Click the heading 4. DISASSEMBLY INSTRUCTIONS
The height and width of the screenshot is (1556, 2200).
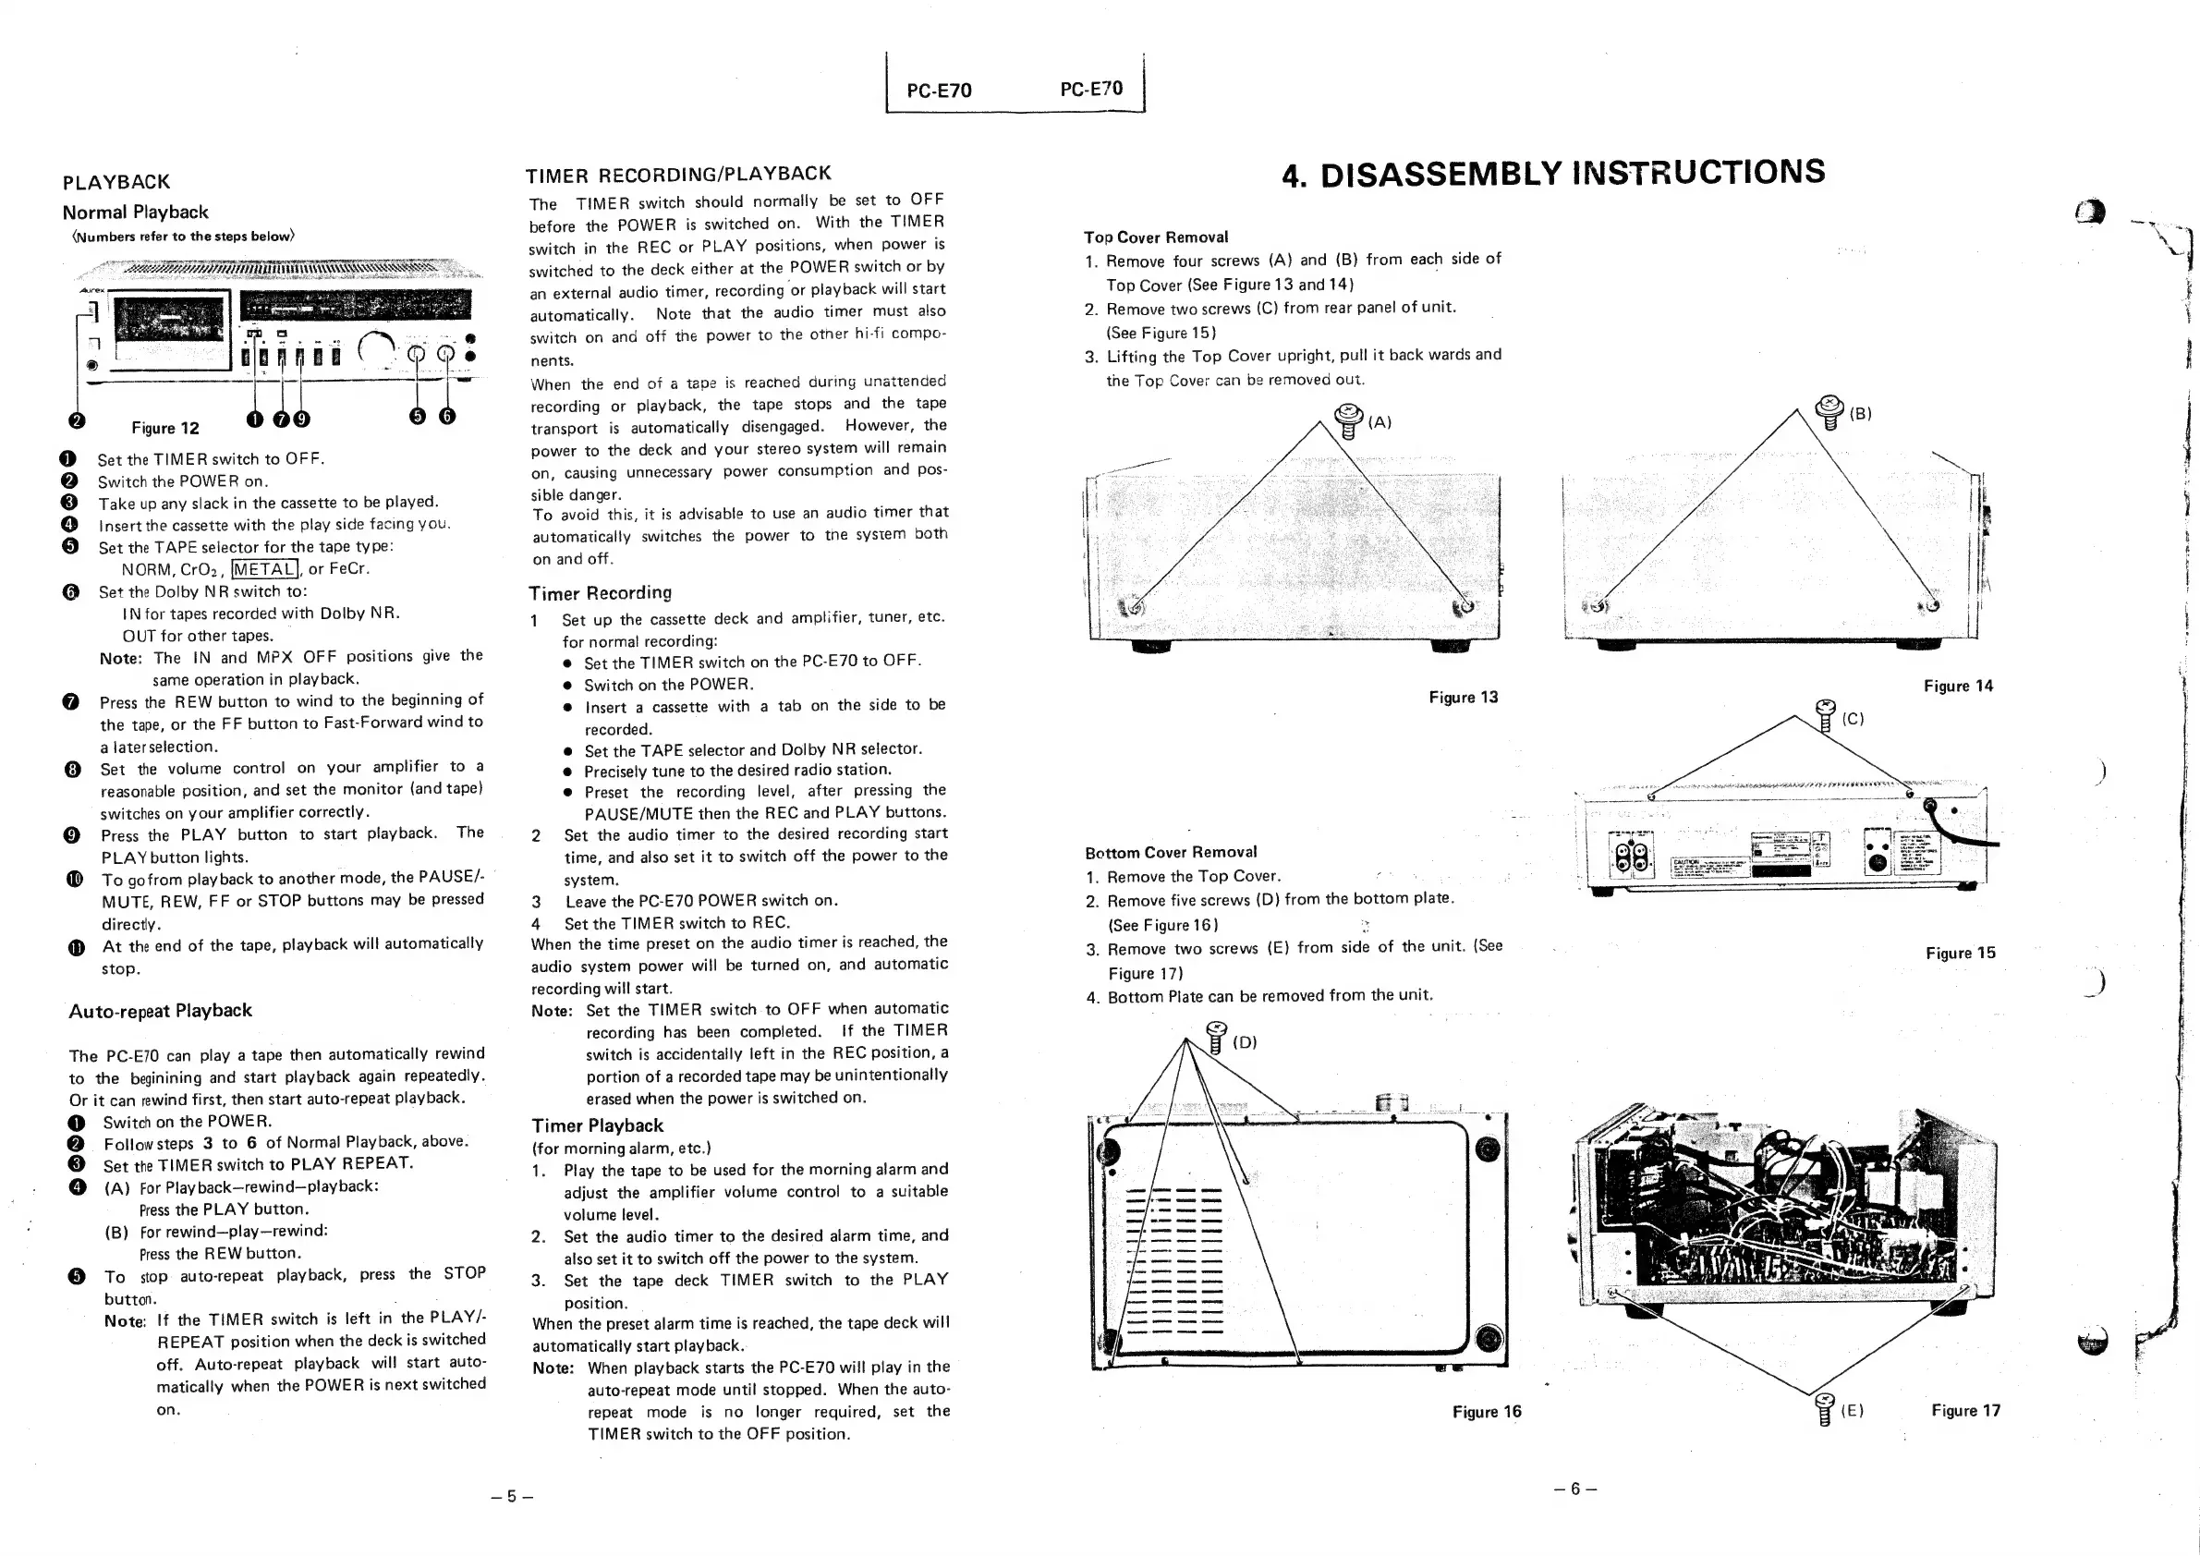point(1553,174)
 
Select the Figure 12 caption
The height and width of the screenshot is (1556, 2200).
point(165,429)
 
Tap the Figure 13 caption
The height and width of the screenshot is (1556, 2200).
point(1464,698)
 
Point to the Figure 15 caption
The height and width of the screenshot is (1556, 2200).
point(1961,954)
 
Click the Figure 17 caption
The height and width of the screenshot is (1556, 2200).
point(1965,1410)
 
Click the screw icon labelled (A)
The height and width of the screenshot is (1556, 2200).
point(1348,419)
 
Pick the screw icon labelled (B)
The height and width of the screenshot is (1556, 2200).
point(1830,412)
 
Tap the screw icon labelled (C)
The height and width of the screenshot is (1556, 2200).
point(1826,715)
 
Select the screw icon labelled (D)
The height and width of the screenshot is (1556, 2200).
point(1216,1038)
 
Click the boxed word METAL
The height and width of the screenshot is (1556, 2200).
point(265,570)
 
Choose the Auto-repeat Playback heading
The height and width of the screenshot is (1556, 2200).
point(160,1011)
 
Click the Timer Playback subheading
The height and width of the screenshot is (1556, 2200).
point(598,1125)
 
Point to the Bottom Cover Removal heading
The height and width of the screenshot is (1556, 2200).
point(1171,853)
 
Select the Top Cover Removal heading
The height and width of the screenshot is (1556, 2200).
point(1156,237)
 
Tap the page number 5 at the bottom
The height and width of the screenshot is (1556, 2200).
point(512,1497)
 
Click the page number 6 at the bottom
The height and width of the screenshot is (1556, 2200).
point(1574,1489)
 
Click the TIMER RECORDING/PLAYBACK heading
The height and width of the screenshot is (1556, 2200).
point(678,175)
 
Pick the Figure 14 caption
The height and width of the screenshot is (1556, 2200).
point(1958,686)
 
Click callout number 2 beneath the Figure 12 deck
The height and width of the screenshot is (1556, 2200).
point(77,420)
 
